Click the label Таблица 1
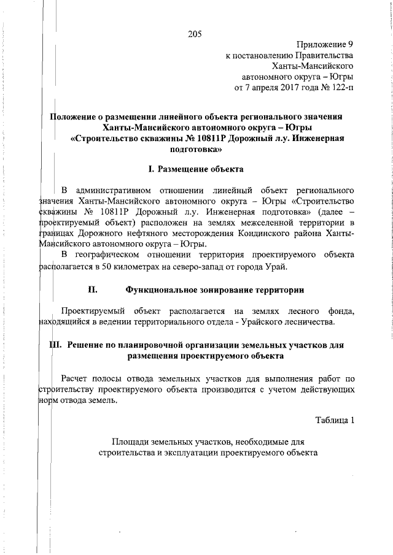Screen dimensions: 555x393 pyautogui.click(x=335, y=421)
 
